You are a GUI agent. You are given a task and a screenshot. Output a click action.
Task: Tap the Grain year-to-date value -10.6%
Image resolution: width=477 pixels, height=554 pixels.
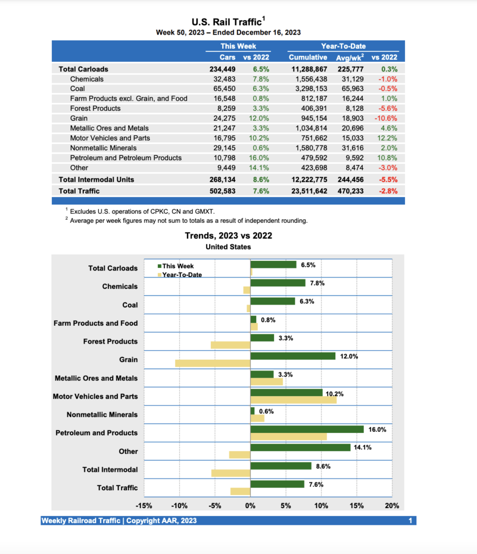tap(386, 118)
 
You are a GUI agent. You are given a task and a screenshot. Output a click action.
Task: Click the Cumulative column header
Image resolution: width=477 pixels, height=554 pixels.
tap(308, 57)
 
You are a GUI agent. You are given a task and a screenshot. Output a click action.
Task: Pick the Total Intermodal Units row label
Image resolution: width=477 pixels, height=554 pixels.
tap(96, 180)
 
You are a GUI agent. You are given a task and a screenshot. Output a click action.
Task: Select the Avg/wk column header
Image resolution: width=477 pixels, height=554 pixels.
tap(350, 57)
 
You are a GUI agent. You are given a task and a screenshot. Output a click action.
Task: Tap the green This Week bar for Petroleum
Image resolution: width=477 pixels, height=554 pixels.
tap(307, 429)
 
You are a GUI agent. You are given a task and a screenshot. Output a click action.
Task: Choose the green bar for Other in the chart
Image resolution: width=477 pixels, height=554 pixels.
tap(301, 447)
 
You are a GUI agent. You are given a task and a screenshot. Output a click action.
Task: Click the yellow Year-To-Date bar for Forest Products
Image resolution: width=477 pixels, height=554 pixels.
tap(230, 345)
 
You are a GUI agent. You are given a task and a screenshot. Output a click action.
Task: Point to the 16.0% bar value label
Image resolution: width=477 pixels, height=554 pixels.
tap(377, 429)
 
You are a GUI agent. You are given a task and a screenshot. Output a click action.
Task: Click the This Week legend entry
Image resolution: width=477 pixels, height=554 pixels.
tap(177, 266)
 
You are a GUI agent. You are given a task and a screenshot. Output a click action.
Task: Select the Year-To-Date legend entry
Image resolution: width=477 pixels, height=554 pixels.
tap(182, 275)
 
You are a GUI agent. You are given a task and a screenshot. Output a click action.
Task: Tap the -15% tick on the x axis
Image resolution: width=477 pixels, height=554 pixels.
tap(143, 506)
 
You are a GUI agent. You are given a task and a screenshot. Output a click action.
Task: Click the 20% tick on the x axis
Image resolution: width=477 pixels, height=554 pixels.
tap(392, 506)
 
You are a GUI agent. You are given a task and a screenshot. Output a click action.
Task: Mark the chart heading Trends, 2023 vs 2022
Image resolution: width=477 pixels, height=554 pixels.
tap(228, 236)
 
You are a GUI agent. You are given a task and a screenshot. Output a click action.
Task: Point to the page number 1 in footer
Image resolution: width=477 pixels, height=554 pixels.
tap(411, 520)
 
